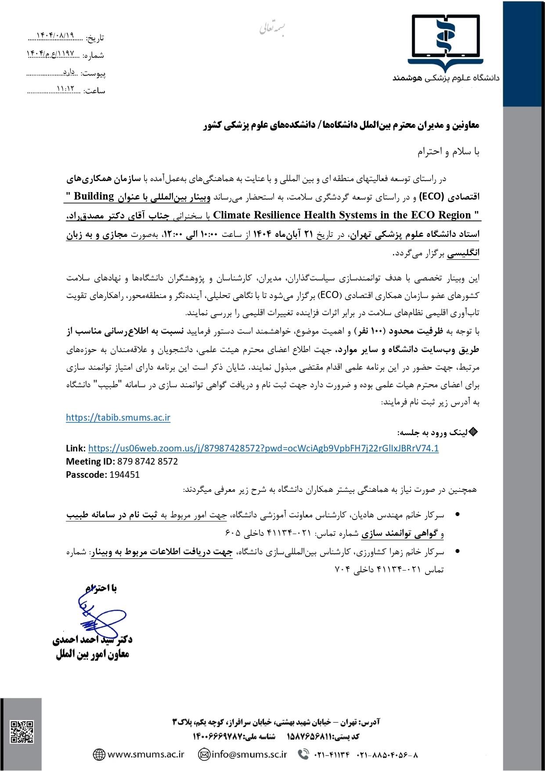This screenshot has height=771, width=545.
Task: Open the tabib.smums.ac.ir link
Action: [118, 418]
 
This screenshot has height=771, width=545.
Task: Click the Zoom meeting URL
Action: [263, 448]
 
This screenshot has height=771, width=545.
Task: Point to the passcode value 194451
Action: [125, 475]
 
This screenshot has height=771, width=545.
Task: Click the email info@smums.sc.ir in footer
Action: [249, 755]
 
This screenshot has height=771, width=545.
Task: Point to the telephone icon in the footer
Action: [303, 755]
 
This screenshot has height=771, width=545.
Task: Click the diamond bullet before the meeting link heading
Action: [473, 432]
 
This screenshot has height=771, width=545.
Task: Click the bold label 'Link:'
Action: [76, 448]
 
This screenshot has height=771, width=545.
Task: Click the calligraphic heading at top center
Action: [272, 27]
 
